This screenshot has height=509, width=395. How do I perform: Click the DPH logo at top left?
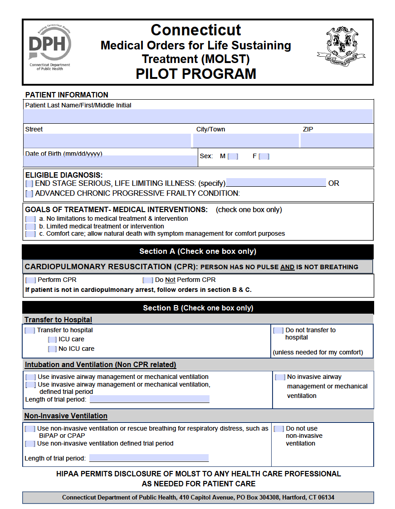pos(50,48)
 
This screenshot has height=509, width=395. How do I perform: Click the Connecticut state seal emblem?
pos(341,47)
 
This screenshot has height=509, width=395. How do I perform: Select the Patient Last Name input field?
pos(199,116)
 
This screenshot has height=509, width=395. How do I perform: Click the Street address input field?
pos(108,140)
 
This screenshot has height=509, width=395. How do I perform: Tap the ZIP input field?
pos(336,140)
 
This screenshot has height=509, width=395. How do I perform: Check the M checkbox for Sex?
pos(233,156)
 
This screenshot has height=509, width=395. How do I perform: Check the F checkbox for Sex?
pos(264,156)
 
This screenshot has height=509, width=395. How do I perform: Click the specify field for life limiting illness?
pos(276,183)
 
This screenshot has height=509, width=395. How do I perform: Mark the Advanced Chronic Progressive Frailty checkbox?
pos(29,194)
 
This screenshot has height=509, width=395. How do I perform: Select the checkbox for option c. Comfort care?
pos(30,234)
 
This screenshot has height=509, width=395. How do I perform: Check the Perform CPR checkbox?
pos(31,280)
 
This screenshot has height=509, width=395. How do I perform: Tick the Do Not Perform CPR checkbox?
pos(148,280)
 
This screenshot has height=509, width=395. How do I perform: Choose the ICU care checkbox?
pos(53,339)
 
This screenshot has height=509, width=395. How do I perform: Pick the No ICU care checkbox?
pos(53,349)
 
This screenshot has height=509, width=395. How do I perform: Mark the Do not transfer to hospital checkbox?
pos(278,330)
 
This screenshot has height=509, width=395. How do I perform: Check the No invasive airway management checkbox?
pos(280,377)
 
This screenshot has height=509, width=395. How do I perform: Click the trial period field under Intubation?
pos(150,399)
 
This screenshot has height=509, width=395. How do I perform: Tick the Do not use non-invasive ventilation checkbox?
pos(279,429)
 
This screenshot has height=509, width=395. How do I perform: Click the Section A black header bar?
pos(198,252)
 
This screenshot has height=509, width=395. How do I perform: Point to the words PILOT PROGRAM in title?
pos(196,73)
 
